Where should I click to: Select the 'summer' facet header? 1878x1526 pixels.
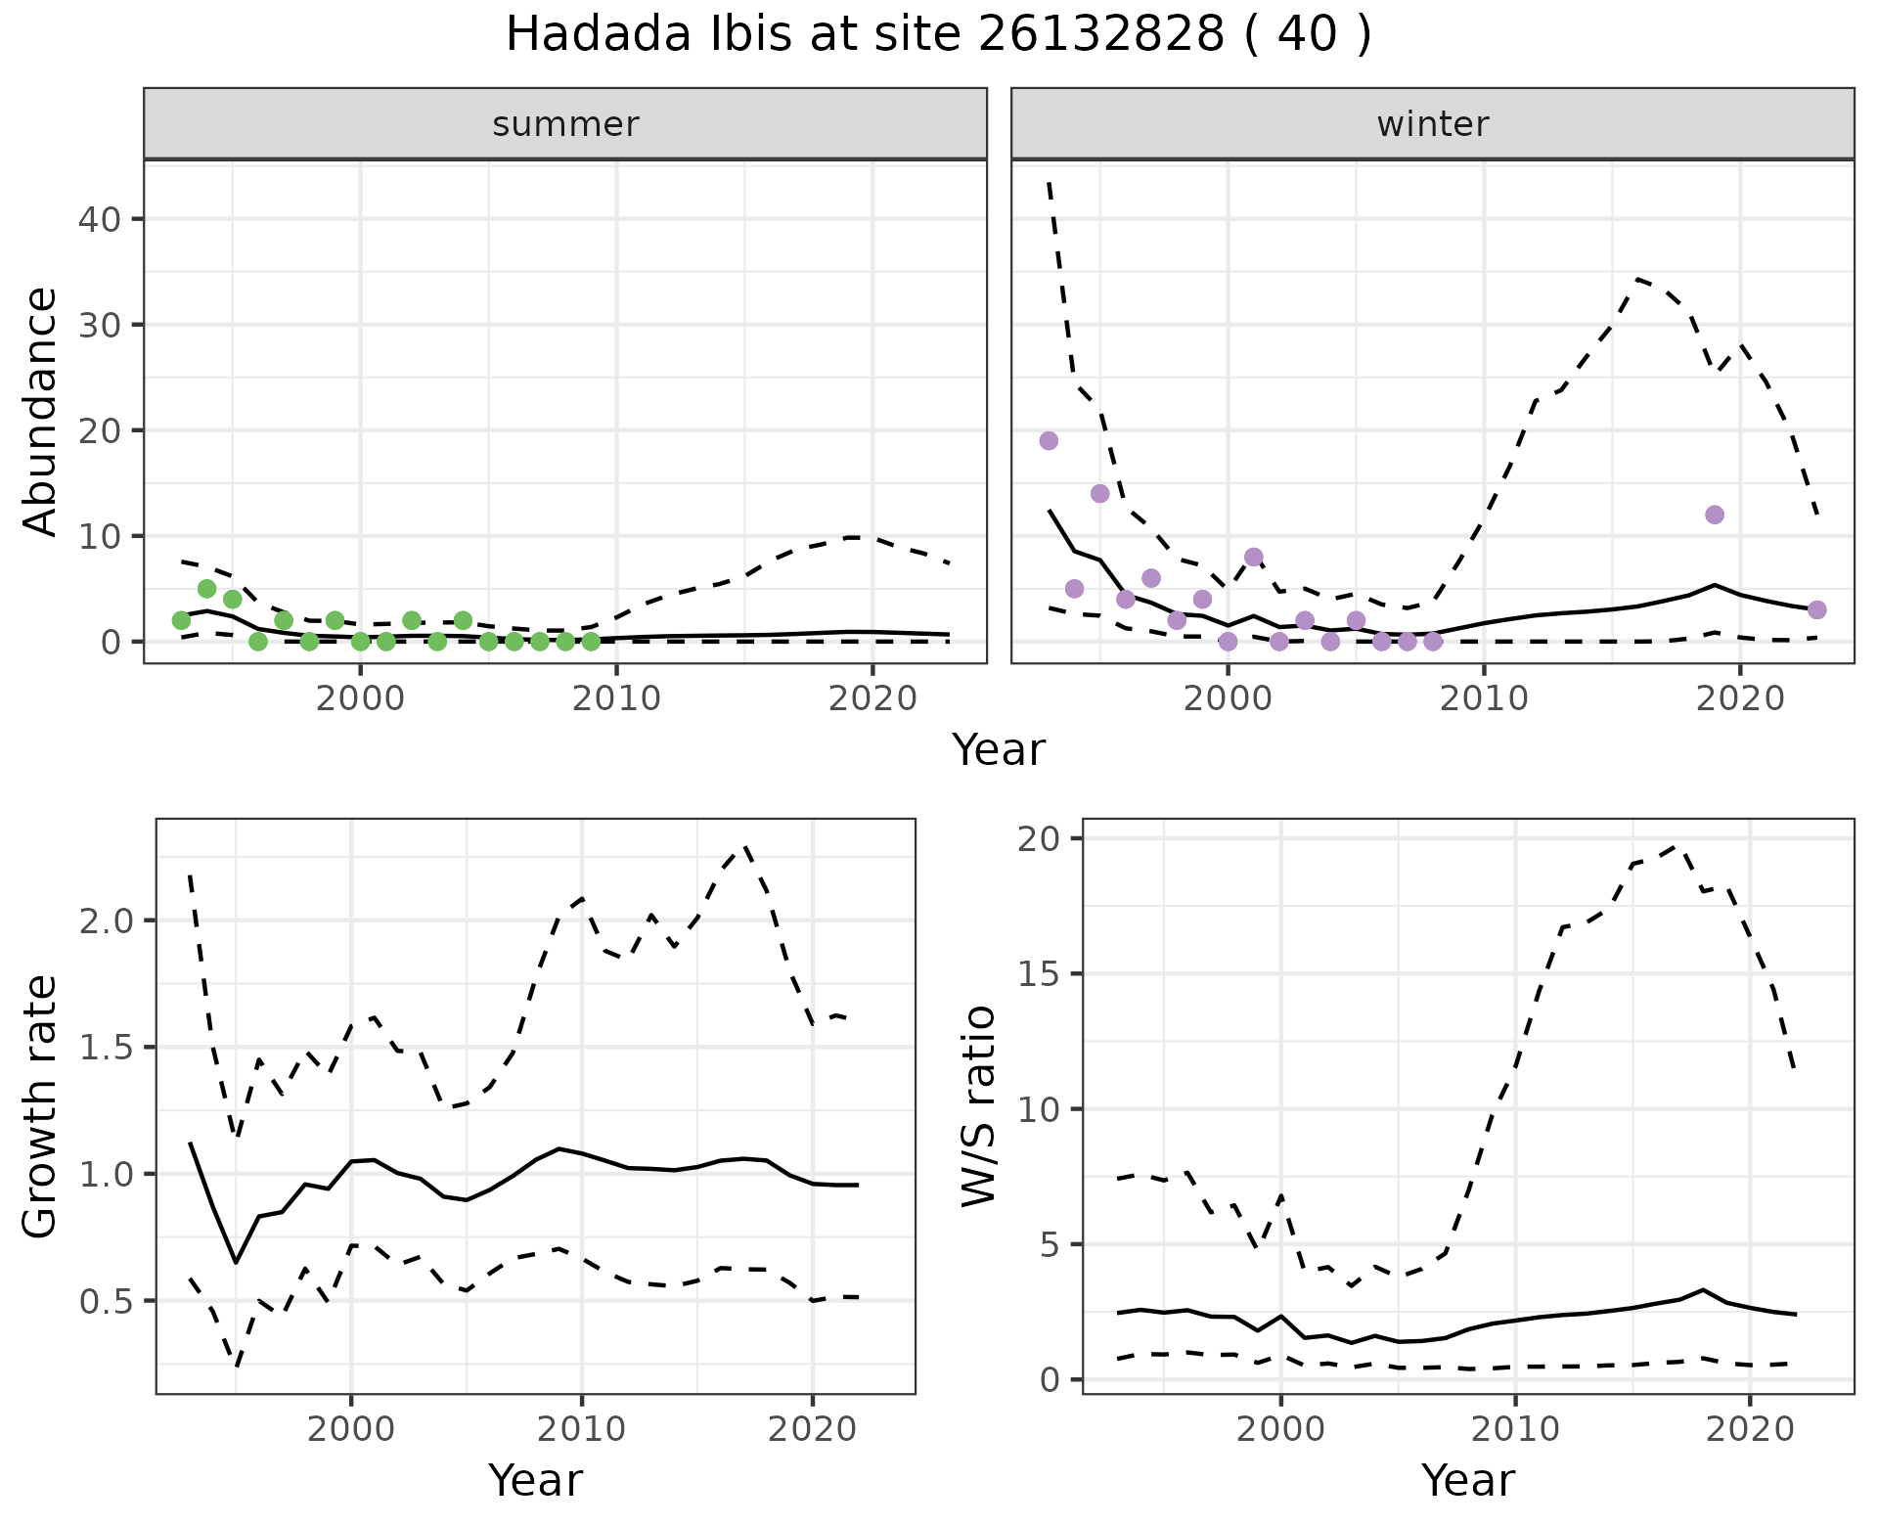(565, 124)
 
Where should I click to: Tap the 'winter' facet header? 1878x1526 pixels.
(1432, 124)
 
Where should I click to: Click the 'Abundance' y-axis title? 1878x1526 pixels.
(40, 411)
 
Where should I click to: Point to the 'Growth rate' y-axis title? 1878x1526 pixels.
(40, 1106)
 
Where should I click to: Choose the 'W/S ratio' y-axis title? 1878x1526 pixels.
(978, 1106)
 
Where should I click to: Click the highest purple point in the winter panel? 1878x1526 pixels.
(1049, 440)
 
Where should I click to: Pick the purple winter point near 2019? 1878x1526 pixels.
(1714, 515)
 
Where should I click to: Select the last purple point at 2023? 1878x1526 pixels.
(1816, 609)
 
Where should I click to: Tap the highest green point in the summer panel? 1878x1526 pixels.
(206, 588)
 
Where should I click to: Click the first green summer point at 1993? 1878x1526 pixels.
(181, 620)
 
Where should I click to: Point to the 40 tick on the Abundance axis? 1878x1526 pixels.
(99, 218)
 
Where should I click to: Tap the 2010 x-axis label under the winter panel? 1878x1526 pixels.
(1484, 698)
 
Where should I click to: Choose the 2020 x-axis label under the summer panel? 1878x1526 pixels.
(872, 698)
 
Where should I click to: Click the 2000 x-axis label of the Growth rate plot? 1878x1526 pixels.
(351, 1429)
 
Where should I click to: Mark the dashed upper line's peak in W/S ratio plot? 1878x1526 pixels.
(1677, 845)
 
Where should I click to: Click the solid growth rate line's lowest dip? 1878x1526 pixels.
(236, 1262)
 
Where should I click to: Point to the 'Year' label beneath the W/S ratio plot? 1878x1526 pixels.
(1467, 1480)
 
